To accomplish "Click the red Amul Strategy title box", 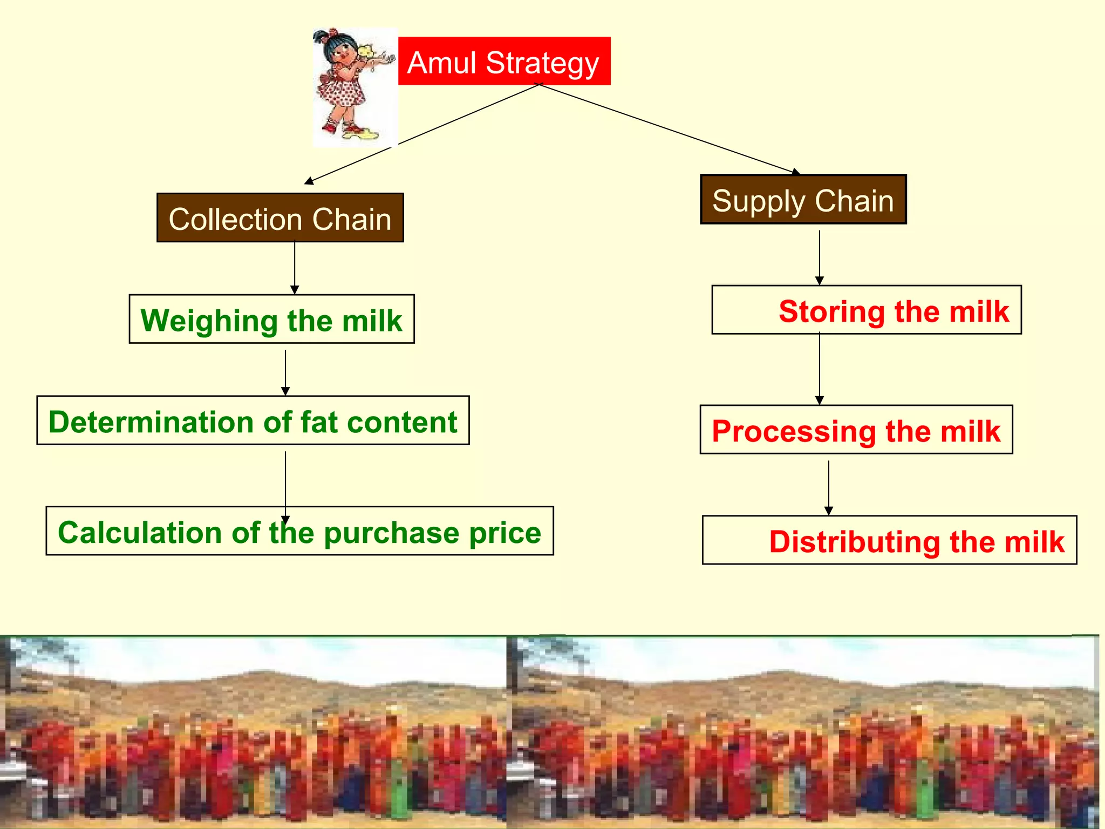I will pyautogui.click(x=504, y=61).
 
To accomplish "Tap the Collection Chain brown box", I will pyautogui.click(x=280, y=218).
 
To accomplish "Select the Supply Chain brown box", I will pyautogui.click(x=803, y=200).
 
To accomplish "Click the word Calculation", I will pyautogui.click(x=139, y=532).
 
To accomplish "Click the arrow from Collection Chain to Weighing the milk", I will pyautogui.click(x=295, y=267).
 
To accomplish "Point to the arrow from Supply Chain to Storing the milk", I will pyautogui.click(x=820, y=257).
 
